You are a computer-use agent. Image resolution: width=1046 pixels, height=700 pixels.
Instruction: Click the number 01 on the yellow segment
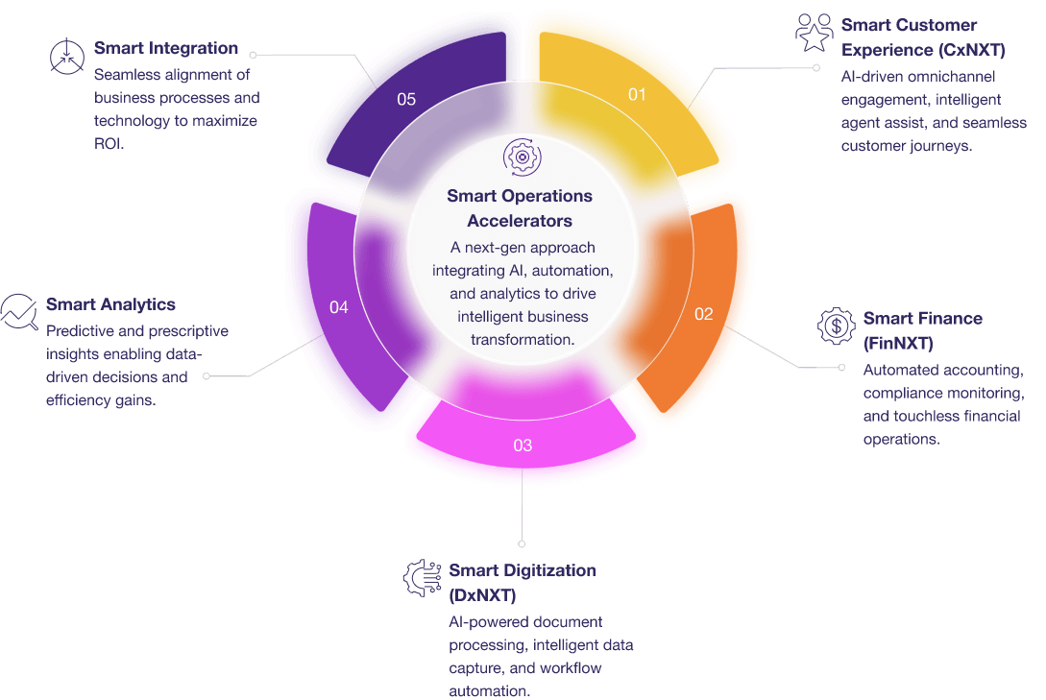(x=637, y=94)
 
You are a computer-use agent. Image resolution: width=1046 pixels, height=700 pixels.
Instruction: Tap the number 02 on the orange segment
(x=704, y=314)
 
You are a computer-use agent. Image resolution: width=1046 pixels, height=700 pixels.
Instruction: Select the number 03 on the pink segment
(x=523, y=446)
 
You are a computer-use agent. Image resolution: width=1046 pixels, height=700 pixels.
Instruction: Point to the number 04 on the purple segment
(x=338, y=307)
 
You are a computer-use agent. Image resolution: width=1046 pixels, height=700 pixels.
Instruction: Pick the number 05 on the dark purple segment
(x=406, y=99)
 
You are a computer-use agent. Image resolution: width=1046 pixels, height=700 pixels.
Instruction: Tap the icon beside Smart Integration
(x=66, y=57)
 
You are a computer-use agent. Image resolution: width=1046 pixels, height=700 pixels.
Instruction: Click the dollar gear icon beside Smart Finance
(x=836, y=326)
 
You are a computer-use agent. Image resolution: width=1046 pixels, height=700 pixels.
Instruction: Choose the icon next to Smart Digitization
(x=421, y=578)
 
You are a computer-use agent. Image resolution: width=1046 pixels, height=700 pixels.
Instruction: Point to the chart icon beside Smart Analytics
(x=18, y=311)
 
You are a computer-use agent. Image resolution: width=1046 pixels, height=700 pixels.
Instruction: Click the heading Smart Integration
(x=166, y=48)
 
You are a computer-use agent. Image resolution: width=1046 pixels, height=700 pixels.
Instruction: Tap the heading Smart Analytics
(x=110, y=304)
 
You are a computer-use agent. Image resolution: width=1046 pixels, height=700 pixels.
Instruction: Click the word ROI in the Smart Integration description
(x=109, y=144)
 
